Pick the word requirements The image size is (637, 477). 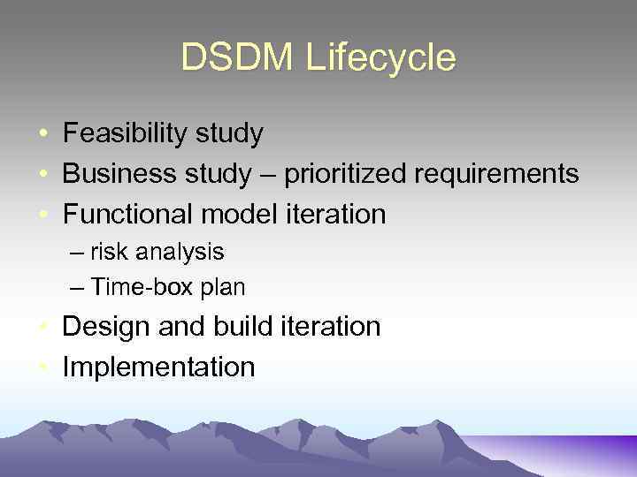click(x=496, y=174)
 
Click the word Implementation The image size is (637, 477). click(x=158, y=367)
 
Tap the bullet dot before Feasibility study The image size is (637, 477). click(x=42, y=135)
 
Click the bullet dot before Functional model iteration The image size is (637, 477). click(x=42, y=215)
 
